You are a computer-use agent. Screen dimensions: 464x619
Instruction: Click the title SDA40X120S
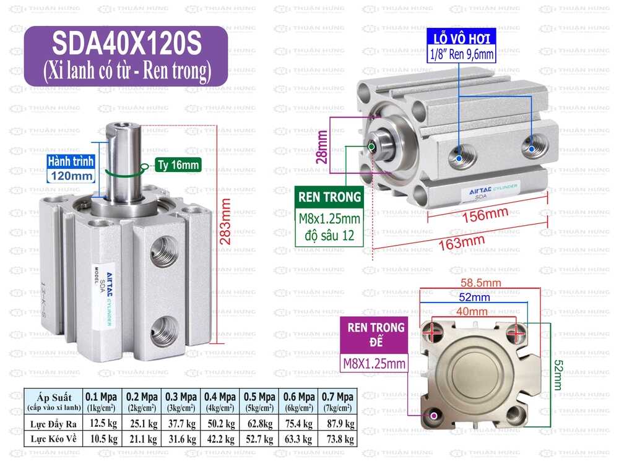coord(126,44)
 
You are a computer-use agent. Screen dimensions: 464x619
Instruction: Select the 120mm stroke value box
coord(72,176)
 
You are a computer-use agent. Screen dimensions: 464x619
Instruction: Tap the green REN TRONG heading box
coord(329,197)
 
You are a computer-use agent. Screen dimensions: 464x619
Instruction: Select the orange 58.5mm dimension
coord(480,283)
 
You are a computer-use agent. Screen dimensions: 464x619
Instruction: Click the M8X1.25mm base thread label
coord(374,363)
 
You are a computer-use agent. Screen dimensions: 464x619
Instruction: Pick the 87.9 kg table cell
coord(338,424)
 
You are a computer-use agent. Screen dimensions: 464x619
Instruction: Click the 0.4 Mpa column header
coord(220,400)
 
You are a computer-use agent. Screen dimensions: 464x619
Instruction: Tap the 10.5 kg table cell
coord(102,439)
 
